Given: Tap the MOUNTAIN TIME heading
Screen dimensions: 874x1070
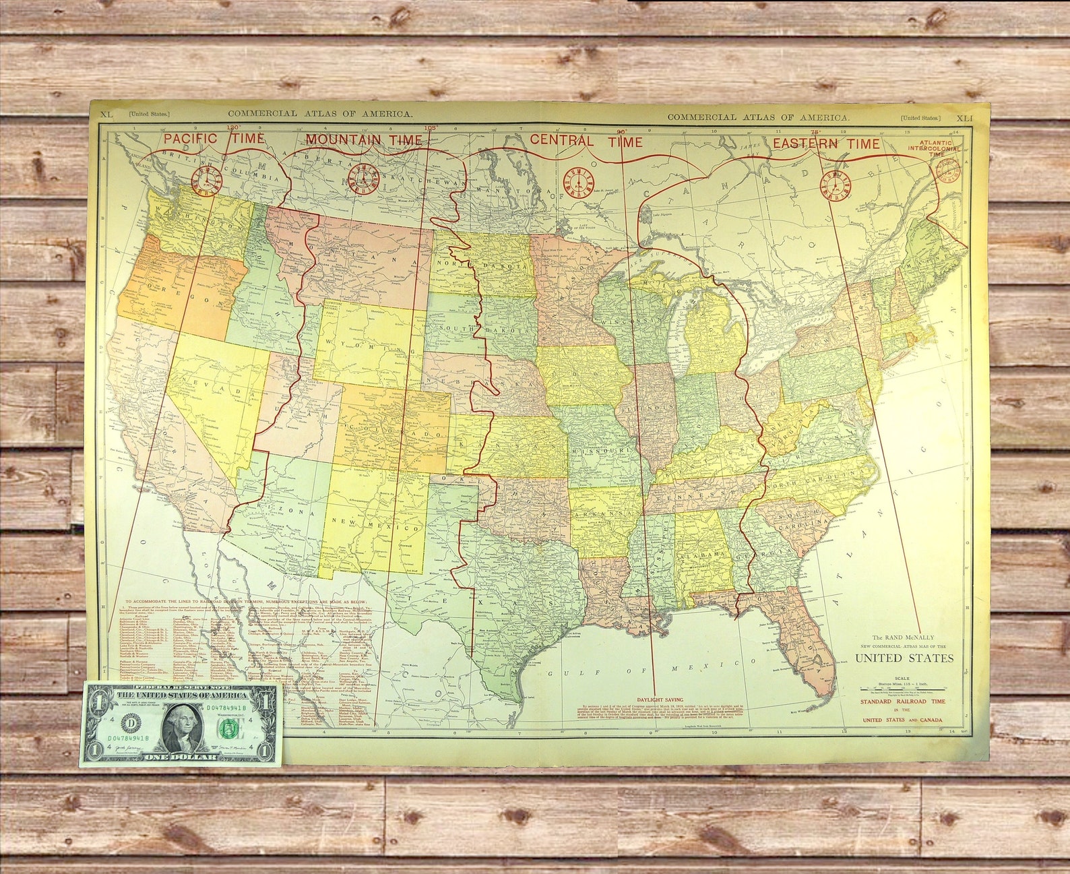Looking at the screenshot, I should (364, 139).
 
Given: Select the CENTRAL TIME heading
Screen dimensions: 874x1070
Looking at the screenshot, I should (586, 141).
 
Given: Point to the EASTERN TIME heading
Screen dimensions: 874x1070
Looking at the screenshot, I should (825, 144).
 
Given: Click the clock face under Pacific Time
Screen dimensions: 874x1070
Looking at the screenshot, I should (206, 179).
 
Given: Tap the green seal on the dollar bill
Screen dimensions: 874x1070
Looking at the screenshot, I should (229, 727).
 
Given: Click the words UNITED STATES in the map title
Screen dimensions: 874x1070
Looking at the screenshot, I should (904, 658).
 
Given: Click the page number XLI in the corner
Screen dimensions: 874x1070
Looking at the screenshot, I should (964, 117).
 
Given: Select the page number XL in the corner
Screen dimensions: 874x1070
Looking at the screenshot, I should (106, 115).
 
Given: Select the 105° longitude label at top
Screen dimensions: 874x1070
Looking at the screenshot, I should (430, 127).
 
